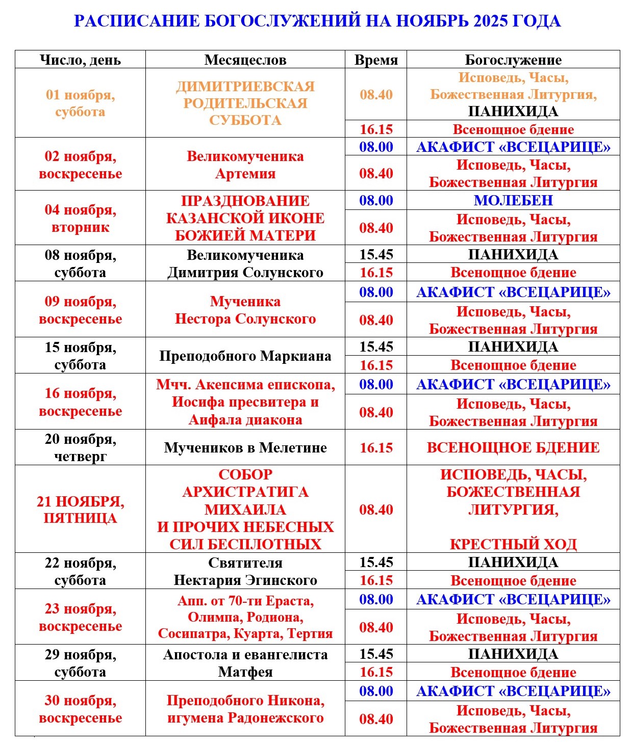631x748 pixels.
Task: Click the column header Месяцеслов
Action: coord(245,60)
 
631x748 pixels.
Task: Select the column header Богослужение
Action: coord(513,60)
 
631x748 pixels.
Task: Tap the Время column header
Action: coord(376,60)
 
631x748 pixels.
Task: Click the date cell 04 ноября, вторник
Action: coord(80,218)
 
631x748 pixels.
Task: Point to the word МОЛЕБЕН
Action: coord(513,200)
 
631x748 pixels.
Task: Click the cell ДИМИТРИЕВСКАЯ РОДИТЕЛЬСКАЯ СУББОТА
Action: coord(245,103)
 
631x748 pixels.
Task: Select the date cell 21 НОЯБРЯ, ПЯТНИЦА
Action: coord(80,510)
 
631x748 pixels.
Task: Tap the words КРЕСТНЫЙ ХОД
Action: coord(513,544)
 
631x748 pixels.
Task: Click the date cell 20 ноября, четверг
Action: coord(80,447)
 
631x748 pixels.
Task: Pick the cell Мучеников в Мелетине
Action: coord(245,448)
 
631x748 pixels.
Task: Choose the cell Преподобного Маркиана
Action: coord(245,356)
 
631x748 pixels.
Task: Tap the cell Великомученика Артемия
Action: coord(245,165)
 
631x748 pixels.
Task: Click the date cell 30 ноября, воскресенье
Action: coord(80,709)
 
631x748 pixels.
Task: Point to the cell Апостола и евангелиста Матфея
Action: coord(245,663)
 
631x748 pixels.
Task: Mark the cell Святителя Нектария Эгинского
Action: coord(245,571)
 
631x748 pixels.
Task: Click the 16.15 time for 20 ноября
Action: coord(376,448)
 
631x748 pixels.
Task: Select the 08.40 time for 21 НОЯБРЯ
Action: coord(376,510)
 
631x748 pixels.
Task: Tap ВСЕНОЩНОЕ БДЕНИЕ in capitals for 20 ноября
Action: coord(513,448)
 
